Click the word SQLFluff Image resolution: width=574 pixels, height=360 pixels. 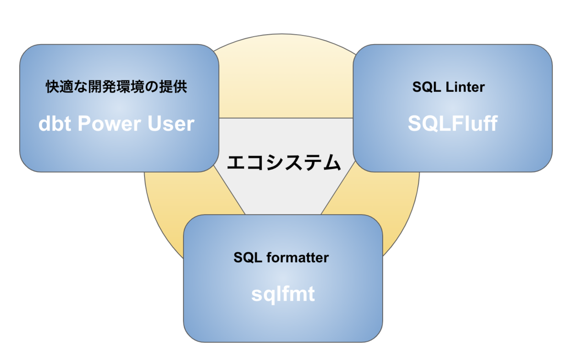pyautogui.click(x=453, y=124)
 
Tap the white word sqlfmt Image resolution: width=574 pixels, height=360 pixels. pyautogui.click(x=283, y=295)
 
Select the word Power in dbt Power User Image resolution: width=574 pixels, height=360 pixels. pyautogui.click(x=109, y=124)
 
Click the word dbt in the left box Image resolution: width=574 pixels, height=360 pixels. pyautogui.click(x=55, y=124)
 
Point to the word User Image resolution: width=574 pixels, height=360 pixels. pyautogui.click(x=171, y=124)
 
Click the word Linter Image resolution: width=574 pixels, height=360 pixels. pyautogui.click(x=465, y=87)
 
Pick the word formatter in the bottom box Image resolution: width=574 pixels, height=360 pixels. pyautogui.click(x=298, y=257)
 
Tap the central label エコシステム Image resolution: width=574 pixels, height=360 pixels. pyautogui.click(x=284, y=162)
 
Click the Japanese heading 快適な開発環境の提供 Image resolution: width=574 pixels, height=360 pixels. pyautogui.click(x=116, y=87)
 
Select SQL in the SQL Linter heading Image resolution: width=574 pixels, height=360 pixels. pyautogui.click(x=426, y=87)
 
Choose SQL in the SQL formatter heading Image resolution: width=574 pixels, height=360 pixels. pyautogui.click(x=248, y=258)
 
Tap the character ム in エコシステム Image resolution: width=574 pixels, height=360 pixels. pyautogui.click(x=331, y=162)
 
